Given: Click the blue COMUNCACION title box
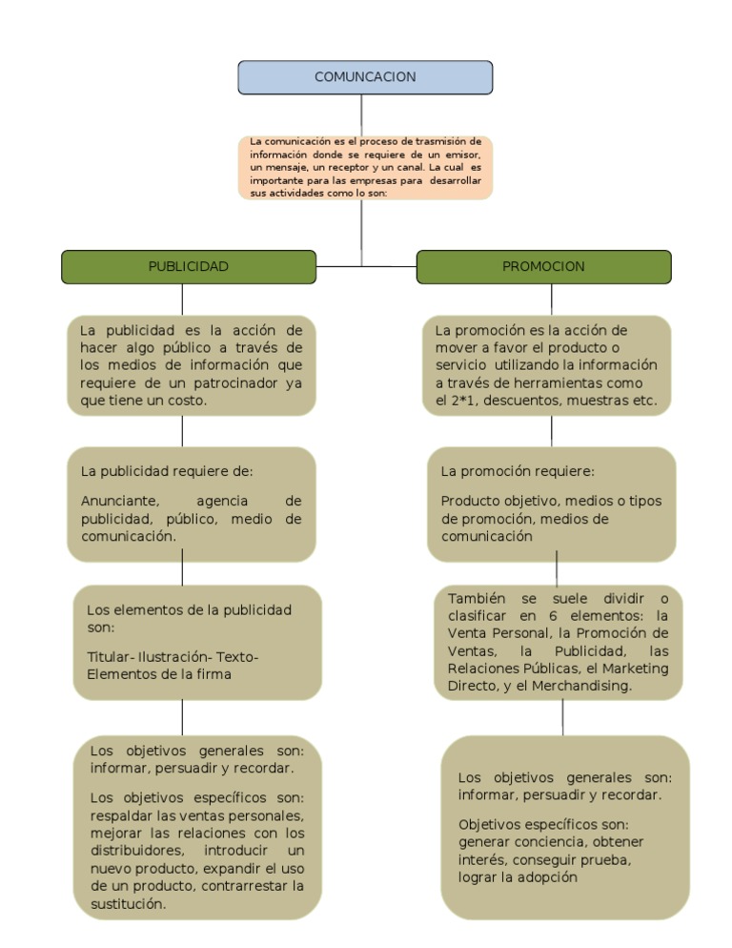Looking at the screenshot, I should click(x=365, y=77).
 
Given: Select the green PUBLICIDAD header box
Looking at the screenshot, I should click(x=188, y=267).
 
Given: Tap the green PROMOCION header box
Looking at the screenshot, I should click(x=543, y=267).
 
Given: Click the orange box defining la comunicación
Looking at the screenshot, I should click(x=365, y=167).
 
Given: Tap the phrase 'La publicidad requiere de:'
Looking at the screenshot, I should click(x=167, y=471).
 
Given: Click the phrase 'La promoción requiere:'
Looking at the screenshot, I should click(x=518, y=471).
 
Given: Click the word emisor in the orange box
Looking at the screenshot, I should click(x=467, y=155).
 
